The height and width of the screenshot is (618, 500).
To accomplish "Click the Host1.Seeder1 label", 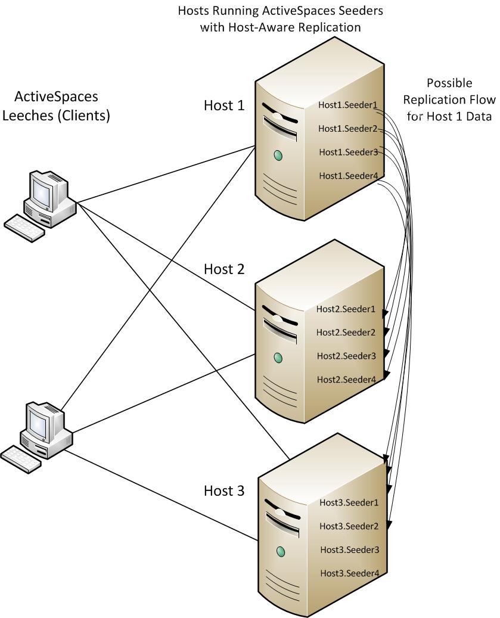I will click(348, 106).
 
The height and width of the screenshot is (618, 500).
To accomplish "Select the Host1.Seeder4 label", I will click(348, 175).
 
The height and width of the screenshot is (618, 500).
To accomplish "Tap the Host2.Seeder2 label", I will click(346, 332).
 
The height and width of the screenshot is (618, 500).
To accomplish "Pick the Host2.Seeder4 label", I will click(346, 379).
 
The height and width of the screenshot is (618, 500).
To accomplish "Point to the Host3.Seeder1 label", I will click(349, 502).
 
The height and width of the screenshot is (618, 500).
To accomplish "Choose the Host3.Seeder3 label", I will click(349, 549).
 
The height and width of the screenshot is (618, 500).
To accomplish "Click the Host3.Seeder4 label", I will click(349, 573).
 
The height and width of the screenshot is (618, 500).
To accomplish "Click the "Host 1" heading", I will click(224, 105).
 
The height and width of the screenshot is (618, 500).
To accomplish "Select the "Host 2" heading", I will click(224, 269).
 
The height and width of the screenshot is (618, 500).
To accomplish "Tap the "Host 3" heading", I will click(224, 490).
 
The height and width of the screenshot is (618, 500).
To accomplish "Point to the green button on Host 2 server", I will click(277, 358).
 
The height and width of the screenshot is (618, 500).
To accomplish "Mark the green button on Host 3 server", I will click(281, 552).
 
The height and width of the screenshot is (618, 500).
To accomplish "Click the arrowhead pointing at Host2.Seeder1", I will click(386, 313).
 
